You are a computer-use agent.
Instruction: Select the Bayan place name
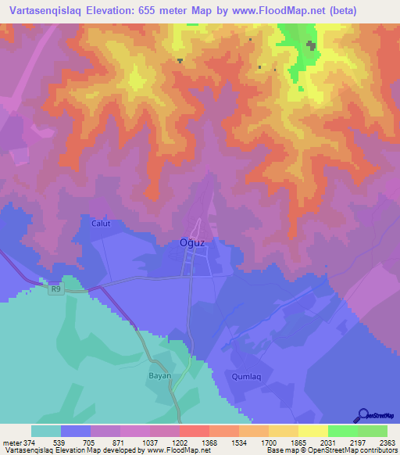point(159,375)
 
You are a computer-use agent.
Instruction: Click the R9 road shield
point(55,289)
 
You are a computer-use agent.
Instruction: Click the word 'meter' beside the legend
point(11,442)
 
